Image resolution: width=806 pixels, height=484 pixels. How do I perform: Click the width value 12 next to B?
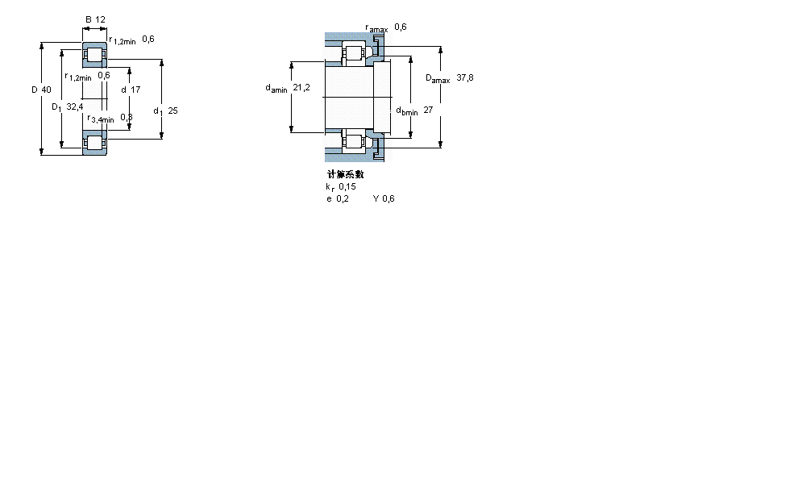tap(101, 19)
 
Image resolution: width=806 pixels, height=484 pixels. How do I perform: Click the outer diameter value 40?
tap(46, 90)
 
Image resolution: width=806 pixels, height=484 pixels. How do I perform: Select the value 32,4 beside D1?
tap(74, 106)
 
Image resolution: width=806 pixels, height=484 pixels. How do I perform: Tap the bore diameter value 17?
tap(135, 90)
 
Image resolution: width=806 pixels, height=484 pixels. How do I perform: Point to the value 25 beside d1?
tap(172, 111)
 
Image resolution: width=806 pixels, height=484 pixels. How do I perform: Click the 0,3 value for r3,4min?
tap(127, 118)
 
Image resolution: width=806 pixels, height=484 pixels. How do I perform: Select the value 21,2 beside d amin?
tap(302, 88)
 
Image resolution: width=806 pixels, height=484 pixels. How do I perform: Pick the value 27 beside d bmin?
tap(429, 111)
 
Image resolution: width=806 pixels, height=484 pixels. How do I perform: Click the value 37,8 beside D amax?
tap(465, 78)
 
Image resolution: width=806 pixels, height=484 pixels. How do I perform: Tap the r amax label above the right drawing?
tap(376, 28)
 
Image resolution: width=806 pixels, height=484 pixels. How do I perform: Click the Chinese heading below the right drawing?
tap(345, 174)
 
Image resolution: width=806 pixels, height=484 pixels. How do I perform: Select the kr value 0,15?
tap(347, 186)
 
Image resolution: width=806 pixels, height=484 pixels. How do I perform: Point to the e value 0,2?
tap(343, 198)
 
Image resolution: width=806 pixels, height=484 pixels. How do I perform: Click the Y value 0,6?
tap(388, 198)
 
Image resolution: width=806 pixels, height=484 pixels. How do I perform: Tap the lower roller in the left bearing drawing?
tap(95, 143)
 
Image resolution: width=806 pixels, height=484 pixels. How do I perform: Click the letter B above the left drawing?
tap(88, 19)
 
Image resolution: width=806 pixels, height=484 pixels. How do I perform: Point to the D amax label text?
tap(438, 79)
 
